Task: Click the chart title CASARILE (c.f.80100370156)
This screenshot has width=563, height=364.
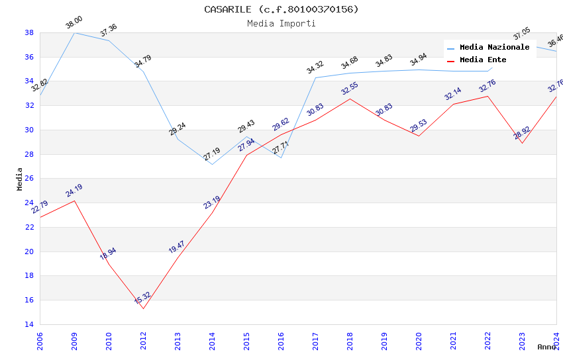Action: click(281, 9)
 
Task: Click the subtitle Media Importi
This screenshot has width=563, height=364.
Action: click(281, 23)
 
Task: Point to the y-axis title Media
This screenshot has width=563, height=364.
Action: click(19, 179)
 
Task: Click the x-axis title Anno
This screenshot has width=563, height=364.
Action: click(546, 347)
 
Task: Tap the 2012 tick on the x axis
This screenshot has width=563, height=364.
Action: click(143, 338)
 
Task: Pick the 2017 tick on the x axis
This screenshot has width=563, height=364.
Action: click(315, 338)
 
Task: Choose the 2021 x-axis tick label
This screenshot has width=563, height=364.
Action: click(453, 338)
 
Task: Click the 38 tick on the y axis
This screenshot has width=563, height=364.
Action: click(29, 32)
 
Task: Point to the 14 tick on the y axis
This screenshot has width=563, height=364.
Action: click(29, 324)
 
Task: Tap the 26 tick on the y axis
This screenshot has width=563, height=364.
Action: click(29, 179)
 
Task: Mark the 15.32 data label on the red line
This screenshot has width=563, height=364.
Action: click(142, 298)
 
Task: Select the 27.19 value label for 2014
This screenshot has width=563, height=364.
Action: click(212, 154)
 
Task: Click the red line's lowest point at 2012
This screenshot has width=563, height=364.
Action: click(143, 308)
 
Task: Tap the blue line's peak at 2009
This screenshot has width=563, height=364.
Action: click(74, 32)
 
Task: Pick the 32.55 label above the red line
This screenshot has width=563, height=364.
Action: click(350, 89)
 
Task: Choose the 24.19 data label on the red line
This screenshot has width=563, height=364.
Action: click(74, 191)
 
